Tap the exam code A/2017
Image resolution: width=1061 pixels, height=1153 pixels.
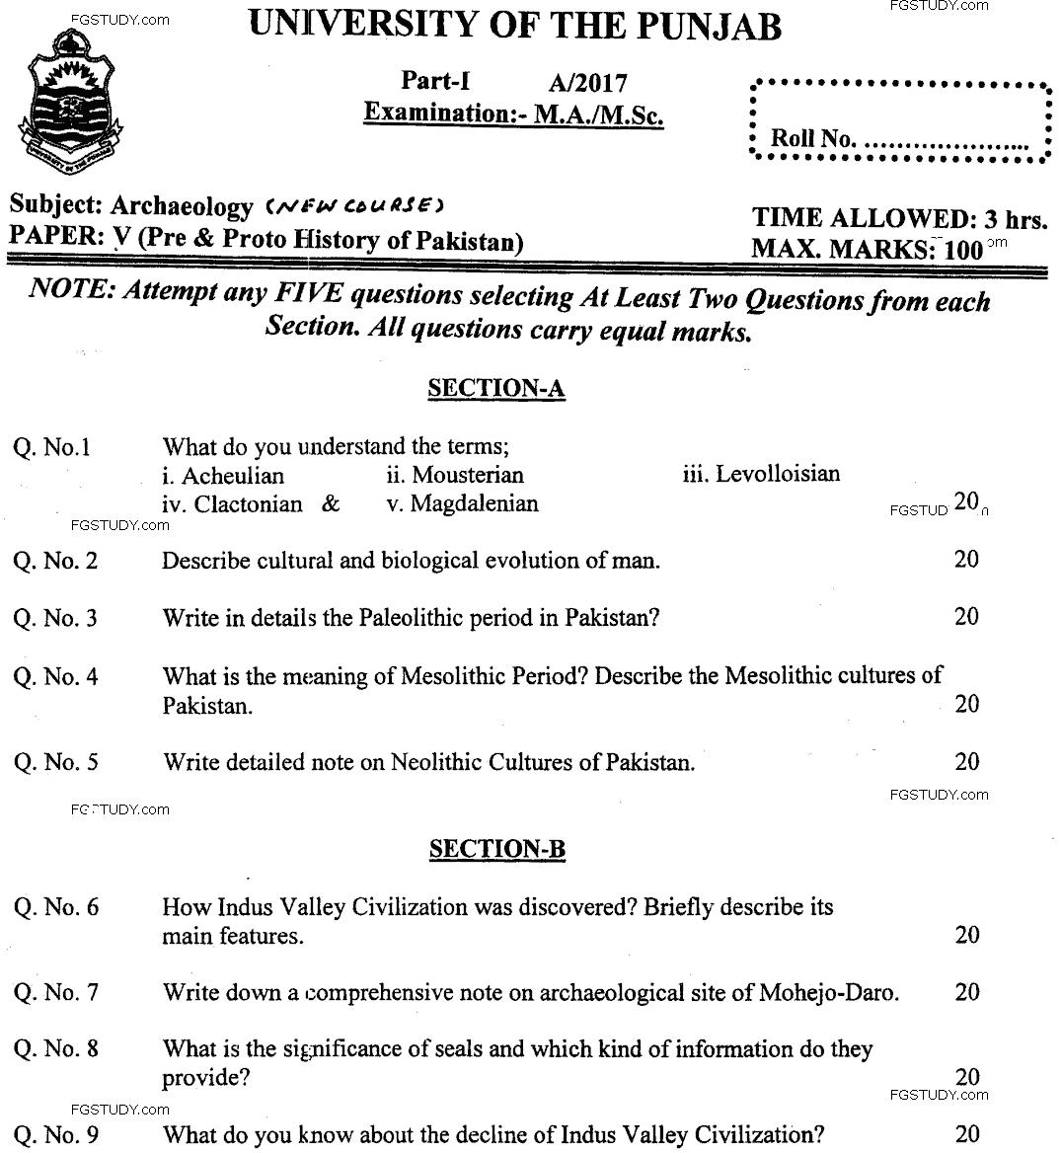(x=587, y=84)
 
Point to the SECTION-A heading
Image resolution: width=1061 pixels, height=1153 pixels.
(x=495, y=389)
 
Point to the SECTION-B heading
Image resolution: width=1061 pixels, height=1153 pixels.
(x=496, y=849)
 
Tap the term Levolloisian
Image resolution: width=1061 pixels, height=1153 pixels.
(x=778, y=474)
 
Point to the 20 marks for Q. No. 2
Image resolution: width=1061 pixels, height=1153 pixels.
(x=966, y=560)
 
